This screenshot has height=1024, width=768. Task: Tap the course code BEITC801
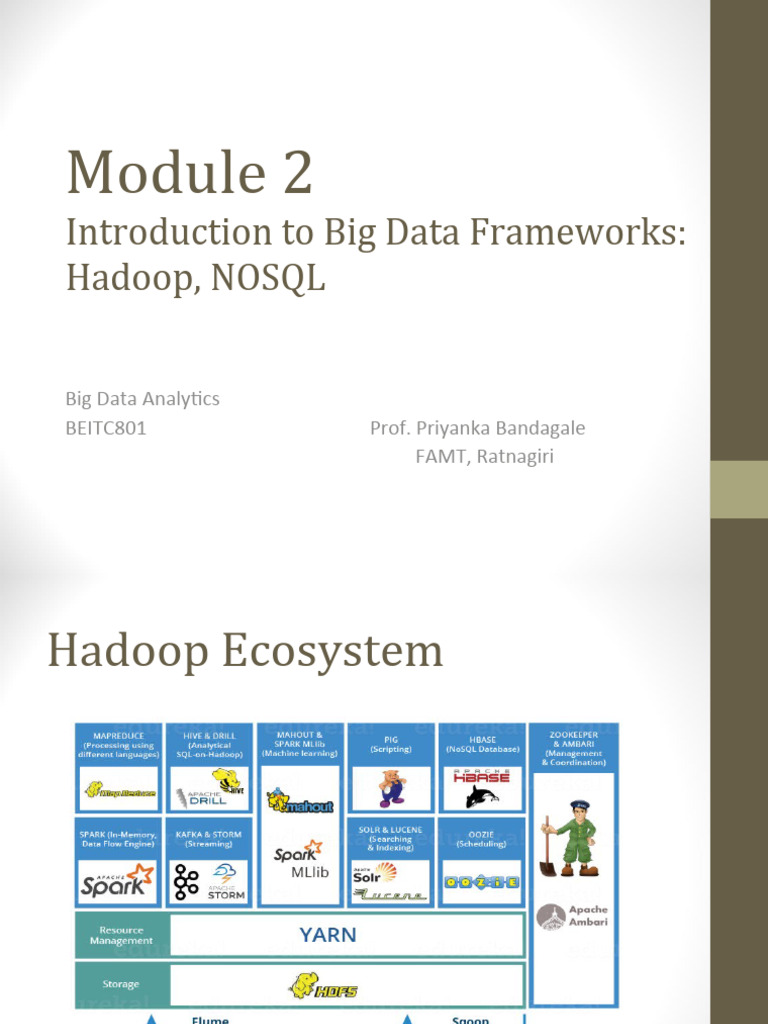pyautogui.click(x=106, y=428)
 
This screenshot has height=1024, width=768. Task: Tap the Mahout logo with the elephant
pyautogui.click(x=300, y=802)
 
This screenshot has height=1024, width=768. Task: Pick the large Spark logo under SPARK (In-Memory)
pyautogui.click(x=118, y=880)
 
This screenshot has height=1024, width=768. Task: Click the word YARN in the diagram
pyautogui.click(x=327, y=936)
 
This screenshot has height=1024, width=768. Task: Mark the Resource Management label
pyautogui.click(x=122, y=936)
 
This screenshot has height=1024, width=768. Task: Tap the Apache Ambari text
pyautogui.click(x=587, y=917)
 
